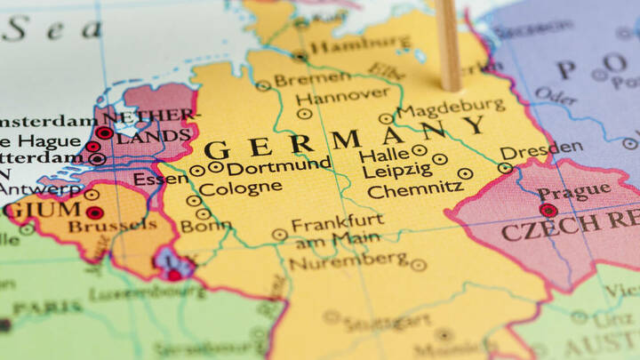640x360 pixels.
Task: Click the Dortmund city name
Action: [278, 165]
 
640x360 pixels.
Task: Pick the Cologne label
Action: [240, 188]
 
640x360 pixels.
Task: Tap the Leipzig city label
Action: [396, 169]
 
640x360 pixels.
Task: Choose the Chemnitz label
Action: [415, 188]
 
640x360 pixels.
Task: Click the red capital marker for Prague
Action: [548, 211]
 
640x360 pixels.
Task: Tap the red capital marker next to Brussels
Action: [94, 212]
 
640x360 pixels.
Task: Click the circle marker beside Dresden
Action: [505, 167]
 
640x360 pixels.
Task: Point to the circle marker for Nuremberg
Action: [419, 265]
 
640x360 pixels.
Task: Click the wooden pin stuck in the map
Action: [449, 44]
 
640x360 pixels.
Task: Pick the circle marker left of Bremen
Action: [263, 85]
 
